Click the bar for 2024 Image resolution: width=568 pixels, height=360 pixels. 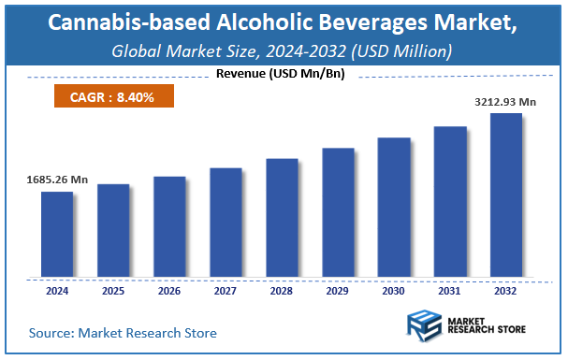(x=57, y=235)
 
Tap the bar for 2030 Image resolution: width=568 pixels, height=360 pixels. (x=394, y=208)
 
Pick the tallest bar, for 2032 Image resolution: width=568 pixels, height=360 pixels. (x=506, y=195)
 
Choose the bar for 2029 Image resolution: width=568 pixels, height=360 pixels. (x=338, y=212)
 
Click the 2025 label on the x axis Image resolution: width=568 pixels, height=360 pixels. (x=113, y=291)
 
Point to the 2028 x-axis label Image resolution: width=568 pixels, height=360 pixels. (x=282, y=291)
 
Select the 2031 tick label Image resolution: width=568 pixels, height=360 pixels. (x=450, y=291)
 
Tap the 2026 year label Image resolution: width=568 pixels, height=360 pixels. (x=169, y=291)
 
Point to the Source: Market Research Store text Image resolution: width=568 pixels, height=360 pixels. (x=123, y=332)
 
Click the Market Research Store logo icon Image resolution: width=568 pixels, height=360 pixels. (x=425, y=328)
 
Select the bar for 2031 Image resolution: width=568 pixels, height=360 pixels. (x=450, y=202)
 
